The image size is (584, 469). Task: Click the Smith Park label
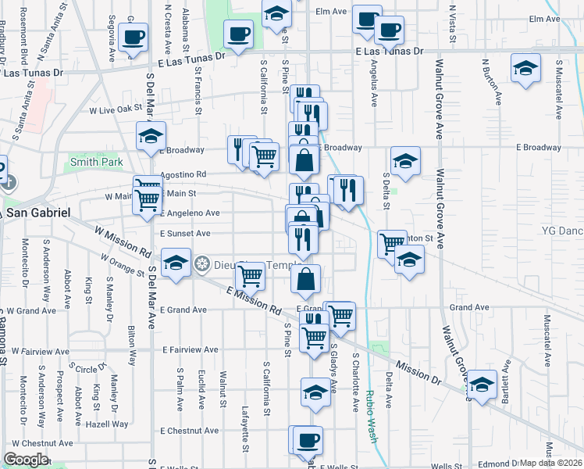pyautogui.click(x=97, y=163)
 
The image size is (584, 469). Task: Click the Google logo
pyautogui.click(x=26, y=460)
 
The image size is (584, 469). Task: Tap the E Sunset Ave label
pyautogui.click(x=185, y=233)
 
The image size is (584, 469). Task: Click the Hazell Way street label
pyautogui.click(x=109, y=424)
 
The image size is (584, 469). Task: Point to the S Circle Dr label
pyautogui.click(x=87, y=367)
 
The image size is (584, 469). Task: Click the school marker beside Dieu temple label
pyautogui.click(x=176, y=263)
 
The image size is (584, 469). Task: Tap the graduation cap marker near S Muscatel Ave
pyautogui.click(x=526, y=67)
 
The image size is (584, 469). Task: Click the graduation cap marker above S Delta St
pyautogui.click(x=404, y=162)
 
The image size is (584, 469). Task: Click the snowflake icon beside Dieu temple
pyautogui.click(x=202, y=265)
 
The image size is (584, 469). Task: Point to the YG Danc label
pyautogui.click(x=562, y=231)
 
